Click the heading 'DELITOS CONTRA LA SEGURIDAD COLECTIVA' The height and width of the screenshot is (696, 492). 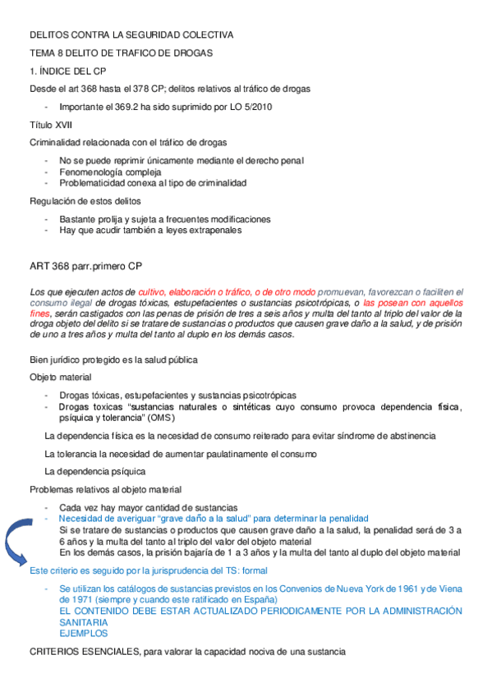(131, 35)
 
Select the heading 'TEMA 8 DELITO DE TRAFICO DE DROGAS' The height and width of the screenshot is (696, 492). (121, 53)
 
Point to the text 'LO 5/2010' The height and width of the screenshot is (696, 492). (250, 107)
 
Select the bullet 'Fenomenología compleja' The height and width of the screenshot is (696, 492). (110, 172)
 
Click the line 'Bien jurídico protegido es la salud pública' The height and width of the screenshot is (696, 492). (113, 359)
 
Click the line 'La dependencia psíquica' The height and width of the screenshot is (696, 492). (94, 471)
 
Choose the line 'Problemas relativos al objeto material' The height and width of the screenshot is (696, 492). (106, 489)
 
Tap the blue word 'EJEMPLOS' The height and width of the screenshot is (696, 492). (83, 634)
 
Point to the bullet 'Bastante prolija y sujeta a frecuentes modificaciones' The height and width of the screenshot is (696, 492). (165, 219)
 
